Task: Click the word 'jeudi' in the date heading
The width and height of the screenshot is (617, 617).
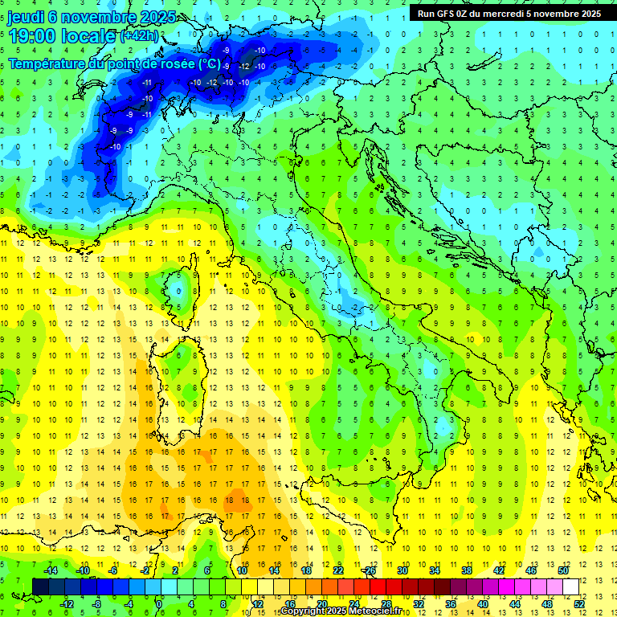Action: click(x=26, y=16)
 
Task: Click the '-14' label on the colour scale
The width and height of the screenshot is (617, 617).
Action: click(x=51, y=570)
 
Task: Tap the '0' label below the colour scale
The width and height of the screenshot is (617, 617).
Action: click(x=159, y=603)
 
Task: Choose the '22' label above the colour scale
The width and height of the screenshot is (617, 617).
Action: click(x=338, y=570)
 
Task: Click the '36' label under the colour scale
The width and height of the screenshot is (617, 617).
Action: click(x=450, y=603)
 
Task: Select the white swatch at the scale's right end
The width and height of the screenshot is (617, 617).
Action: click(x=570, y=586)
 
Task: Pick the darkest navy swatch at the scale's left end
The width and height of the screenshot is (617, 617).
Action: click(x=40, y=586)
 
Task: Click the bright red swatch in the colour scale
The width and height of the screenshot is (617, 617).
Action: click(x=378, y=586)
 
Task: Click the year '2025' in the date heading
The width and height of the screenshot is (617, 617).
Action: click(x=138, y=16)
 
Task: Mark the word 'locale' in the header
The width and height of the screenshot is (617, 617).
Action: click(x=91, y=35)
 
